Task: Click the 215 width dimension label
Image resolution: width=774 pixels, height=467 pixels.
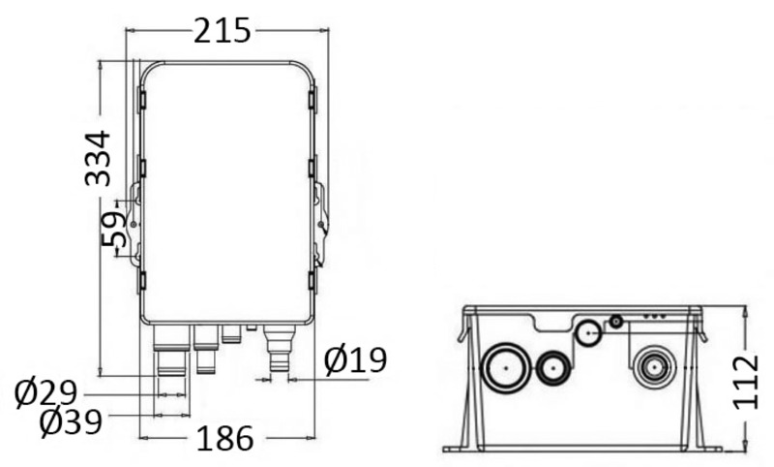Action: point(222,31)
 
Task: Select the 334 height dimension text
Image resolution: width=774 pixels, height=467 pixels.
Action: point(97,157)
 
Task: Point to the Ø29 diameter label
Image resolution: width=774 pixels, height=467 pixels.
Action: point(46,393)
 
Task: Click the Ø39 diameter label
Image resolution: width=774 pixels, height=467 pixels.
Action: point(70,422)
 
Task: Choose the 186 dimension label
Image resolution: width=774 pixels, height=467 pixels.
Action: point(225,439)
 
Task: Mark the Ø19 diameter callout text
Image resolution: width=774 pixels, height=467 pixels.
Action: point(355,360)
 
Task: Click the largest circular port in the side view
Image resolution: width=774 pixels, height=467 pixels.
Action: point(505,369)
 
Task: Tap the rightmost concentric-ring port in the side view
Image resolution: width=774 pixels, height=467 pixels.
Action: point(654,368)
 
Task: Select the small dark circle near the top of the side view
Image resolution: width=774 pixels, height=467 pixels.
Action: point(614,322)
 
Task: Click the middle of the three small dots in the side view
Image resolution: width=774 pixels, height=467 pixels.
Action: point(653,317)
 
